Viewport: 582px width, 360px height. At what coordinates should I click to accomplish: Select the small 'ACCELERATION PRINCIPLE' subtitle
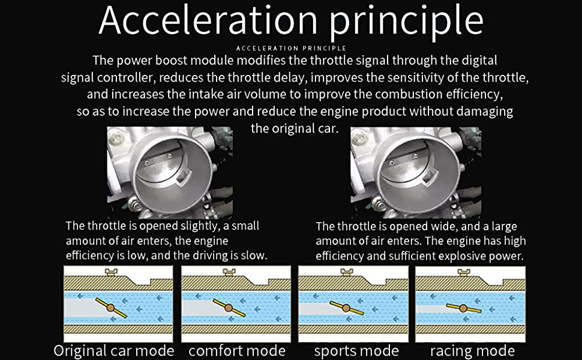pos(291,47)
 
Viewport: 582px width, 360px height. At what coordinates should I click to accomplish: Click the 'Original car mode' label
pos(114,350)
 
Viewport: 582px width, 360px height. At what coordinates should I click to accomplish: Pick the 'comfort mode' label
pos(237,350)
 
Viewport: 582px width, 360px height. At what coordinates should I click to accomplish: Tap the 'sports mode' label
pos(356,350)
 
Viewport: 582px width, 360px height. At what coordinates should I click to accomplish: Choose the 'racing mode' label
pos(472,350)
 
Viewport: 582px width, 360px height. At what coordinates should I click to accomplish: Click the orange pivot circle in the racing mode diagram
pos(463,308)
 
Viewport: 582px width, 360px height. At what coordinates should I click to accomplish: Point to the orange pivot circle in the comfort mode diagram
pos(228,308)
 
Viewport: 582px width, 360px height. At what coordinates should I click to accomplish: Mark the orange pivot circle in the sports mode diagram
pos(346,308)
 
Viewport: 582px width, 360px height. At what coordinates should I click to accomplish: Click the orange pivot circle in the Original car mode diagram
pos(111,308)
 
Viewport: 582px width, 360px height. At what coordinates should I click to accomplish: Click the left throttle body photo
pos(170,172)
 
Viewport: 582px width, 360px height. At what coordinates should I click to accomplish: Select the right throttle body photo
pos(415,172)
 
